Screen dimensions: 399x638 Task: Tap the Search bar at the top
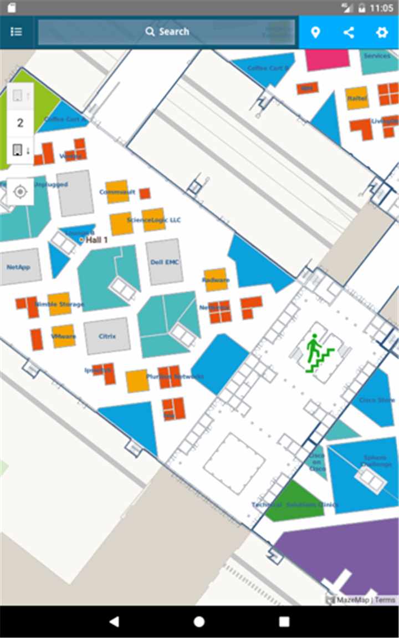[166, 32]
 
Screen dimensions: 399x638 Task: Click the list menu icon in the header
[17, 32]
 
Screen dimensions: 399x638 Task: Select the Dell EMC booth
[165, 262]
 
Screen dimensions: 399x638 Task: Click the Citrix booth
[107, 336]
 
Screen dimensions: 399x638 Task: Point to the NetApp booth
[19, 267]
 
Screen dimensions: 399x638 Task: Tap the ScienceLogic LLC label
[154, 220]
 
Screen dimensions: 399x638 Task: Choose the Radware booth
[216, 280]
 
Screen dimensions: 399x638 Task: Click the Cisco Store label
[376, 400]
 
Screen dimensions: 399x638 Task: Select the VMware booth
[64, 336]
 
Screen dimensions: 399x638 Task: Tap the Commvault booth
[117, 192]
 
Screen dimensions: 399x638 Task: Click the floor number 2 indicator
[21, 123]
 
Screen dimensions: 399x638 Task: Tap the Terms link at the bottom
[385, 600]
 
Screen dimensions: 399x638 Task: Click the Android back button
[114, 621]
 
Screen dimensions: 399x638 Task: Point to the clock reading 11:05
[381, 8]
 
